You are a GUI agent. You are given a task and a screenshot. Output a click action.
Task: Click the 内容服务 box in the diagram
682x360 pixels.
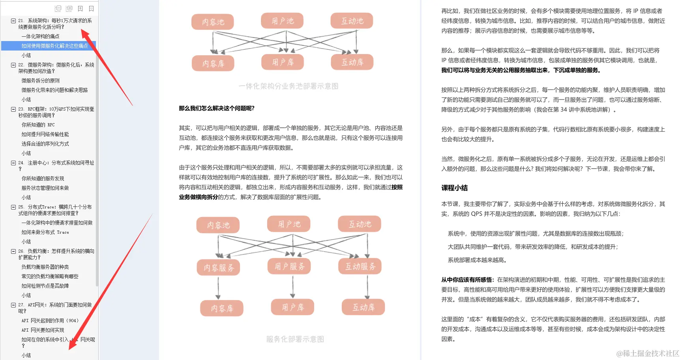219,268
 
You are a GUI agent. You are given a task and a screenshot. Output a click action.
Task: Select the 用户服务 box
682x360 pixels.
290,266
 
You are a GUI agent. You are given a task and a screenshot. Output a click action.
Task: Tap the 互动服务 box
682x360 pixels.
360,266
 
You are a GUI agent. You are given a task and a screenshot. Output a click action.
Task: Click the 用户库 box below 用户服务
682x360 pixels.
292,307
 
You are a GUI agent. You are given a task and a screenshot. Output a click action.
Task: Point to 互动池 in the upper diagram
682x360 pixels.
352,21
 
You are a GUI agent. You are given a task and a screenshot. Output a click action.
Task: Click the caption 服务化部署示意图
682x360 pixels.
295,339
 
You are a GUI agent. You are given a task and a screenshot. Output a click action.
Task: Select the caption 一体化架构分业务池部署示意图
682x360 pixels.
288,86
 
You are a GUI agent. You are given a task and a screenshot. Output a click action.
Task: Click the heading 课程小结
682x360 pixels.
454,188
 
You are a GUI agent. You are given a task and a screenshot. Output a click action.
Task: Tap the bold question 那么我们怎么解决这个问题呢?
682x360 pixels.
217,108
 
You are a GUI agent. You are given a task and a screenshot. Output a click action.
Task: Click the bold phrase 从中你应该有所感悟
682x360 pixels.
467,280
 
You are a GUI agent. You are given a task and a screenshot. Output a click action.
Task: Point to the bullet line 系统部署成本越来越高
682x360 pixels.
477,260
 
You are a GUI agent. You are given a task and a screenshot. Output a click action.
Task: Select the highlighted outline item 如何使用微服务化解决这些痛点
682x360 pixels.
54,46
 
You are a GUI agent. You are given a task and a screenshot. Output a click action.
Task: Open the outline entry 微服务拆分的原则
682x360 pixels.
41,81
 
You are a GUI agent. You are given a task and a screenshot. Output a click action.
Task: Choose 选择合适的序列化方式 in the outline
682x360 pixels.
45,144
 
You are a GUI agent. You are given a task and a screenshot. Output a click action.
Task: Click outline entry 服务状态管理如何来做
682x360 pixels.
45,188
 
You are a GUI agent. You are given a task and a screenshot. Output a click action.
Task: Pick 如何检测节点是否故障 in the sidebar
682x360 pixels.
45,286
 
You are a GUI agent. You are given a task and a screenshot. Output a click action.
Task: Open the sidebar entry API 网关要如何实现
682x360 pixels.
43,330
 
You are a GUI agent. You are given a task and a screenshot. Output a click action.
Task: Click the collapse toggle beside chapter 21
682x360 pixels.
13,21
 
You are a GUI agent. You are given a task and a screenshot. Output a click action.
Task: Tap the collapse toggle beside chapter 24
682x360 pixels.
13,163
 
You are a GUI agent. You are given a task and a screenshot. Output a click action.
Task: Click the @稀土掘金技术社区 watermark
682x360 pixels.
648,353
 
